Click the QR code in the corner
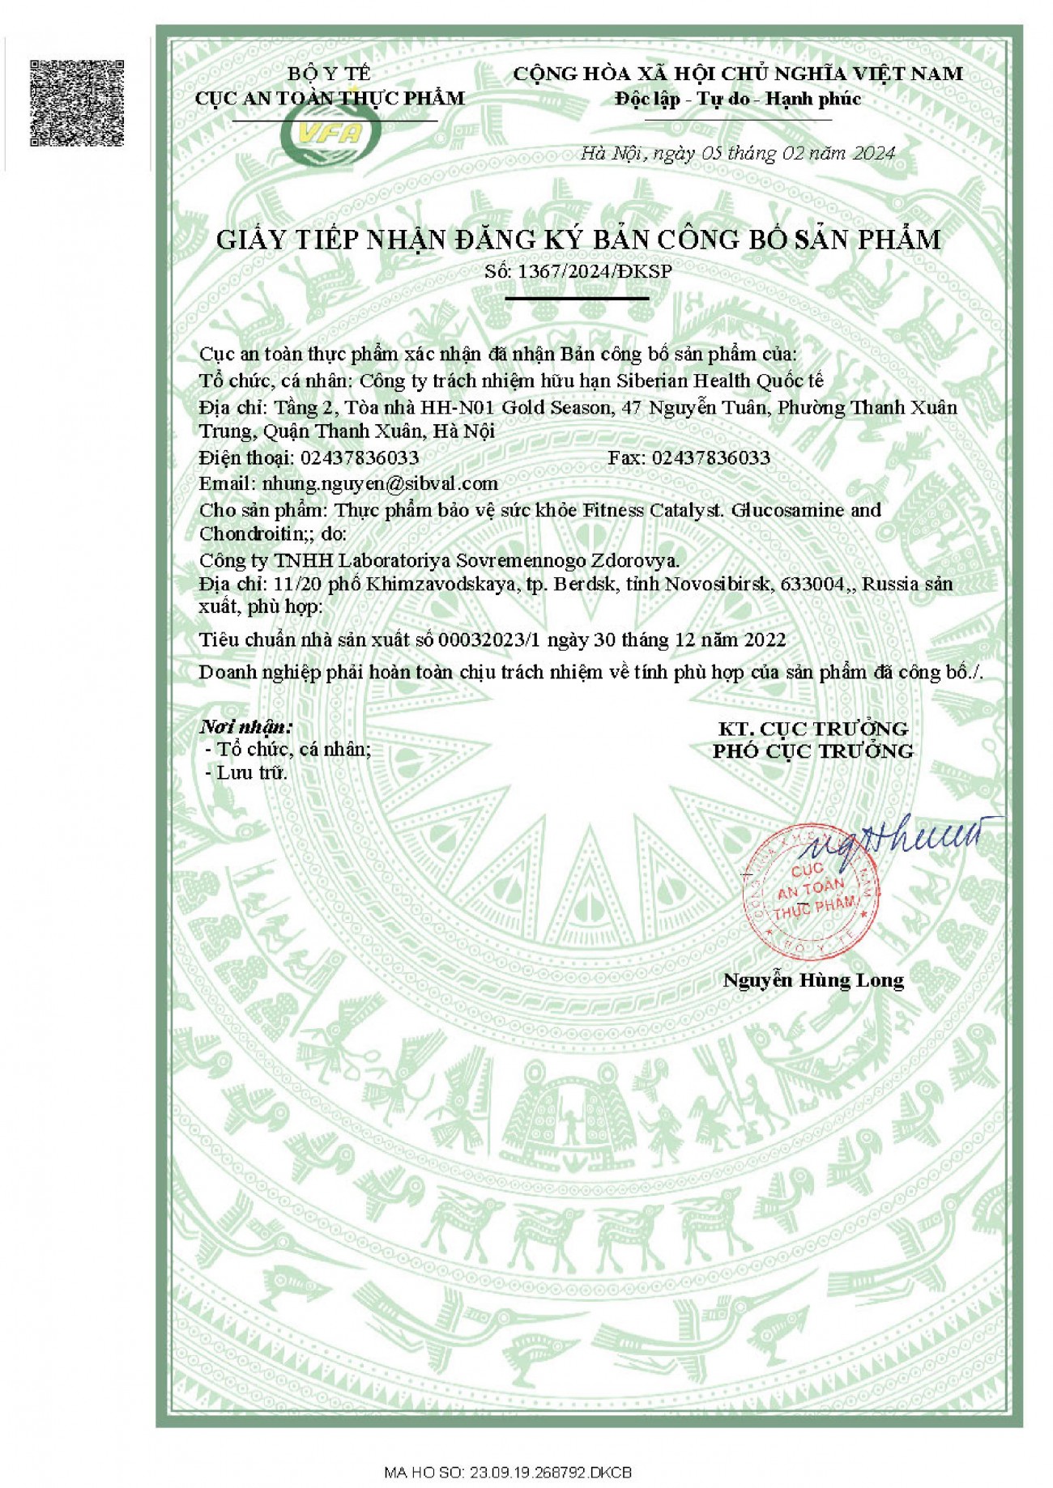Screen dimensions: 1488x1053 78,103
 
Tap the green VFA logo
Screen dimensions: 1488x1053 331,135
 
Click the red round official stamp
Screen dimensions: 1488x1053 810,891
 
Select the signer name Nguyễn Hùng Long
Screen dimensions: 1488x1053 813,980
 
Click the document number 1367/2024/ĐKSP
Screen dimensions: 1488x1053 595,271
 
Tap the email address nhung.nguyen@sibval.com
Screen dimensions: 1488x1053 380,484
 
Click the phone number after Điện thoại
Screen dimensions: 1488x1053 360,458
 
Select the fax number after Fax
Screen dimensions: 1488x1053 710,458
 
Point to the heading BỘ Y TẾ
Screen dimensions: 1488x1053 329,74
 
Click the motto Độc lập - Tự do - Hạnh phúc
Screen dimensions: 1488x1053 738,100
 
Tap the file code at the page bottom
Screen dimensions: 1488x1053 508,1471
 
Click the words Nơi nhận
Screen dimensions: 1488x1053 245,726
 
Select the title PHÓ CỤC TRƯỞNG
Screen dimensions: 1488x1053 812,751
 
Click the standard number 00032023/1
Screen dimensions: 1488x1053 488,640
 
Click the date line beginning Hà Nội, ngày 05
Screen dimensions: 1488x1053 737,154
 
